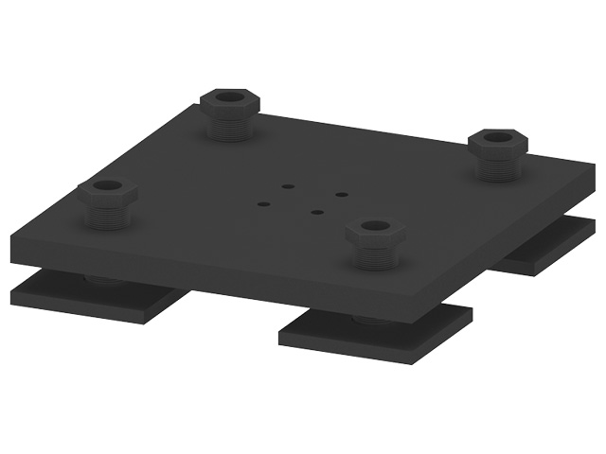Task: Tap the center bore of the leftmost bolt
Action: pos(107,186)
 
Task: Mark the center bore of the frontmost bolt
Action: pos(376,227)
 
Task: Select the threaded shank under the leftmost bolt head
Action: pos(108,217)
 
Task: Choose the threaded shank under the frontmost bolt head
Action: pos(376,256)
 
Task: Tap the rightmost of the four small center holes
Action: pos(342,195)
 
